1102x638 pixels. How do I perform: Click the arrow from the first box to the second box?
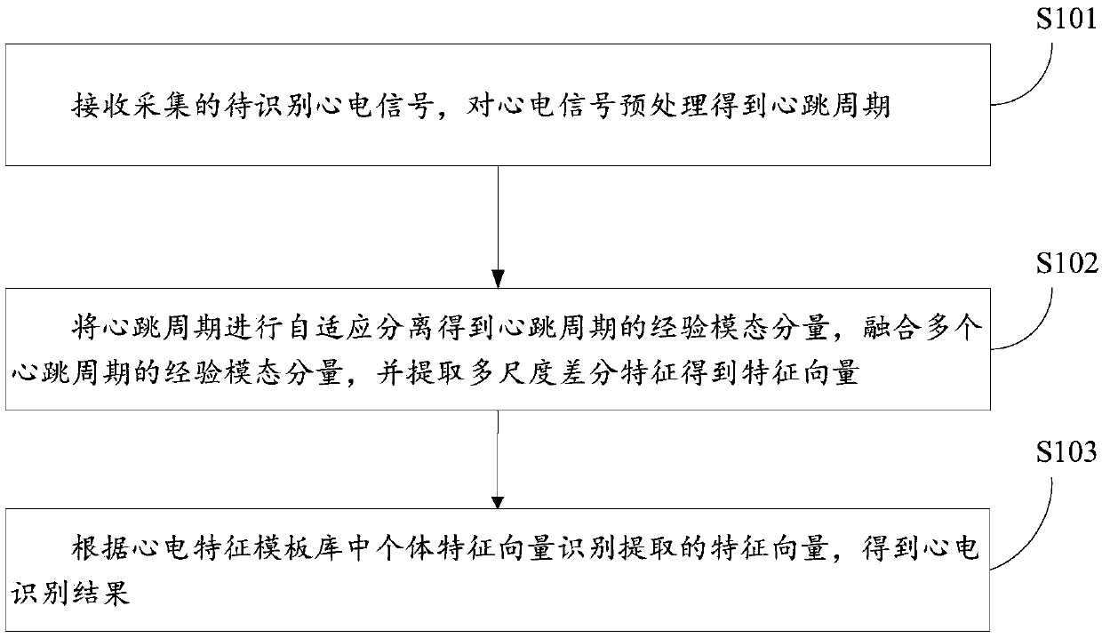point(499,222)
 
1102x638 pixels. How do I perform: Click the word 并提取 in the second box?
point(421,374)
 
